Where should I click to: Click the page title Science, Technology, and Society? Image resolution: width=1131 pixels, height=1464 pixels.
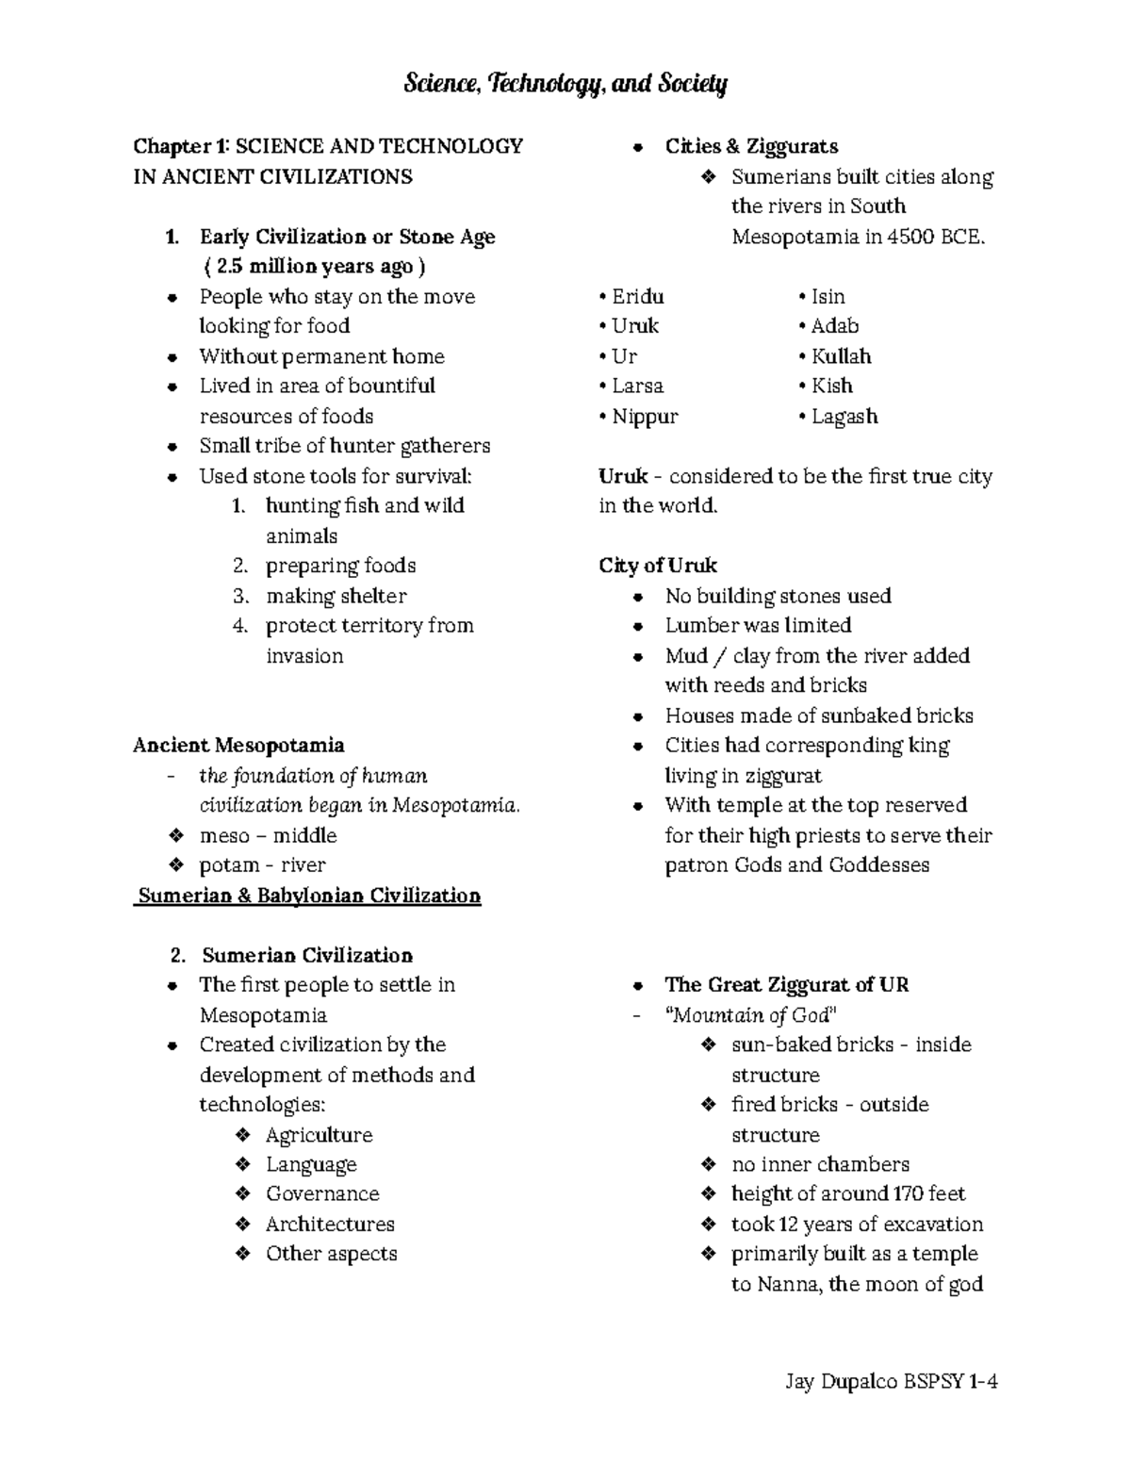tap(565, 85)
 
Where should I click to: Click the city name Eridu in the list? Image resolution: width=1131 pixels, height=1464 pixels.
tap(637, 297)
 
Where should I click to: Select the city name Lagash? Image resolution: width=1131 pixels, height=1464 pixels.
tap(844, 417)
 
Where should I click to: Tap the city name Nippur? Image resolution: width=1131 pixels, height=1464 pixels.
tap(644, 417)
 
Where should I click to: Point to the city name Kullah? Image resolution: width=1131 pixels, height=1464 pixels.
tap(841, 356)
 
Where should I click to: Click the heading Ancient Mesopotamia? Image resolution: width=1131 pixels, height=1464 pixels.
tap(238, 746)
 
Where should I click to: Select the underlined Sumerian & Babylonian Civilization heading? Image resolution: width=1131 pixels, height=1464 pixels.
tap(309, 896)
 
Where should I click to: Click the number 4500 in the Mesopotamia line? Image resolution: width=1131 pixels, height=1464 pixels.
tap(911, 237)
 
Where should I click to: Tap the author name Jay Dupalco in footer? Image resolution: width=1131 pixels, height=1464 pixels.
tap(842, 1382)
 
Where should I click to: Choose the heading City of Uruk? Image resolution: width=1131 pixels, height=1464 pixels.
tap(658, 566)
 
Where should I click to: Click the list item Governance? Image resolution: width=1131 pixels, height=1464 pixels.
tap(322, 1194)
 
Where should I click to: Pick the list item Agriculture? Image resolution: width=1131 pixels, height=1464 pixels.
tap(319, 1135)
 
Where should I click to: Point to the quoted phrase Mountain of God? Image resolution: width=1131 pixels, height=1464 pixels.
tap(751, 1015)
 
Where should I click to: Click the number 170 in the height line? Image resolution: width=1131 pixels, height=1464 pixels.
tap(908, 1194)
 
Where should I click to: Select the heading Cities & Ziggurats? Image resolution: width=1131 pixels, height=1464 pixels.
tap(751, 146)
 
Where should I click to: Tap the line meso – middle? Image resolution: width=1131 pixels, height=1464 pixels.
tap(268, 835)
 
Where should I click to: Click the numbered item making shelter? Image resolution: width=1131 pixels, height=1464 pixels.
tap(336, 596)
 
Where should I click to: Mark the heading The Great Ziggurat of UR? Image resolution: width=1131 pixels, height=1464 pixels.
tap(786, 985)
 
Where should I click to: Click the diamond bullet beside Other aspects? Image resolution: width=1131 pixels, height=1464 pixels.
tap(243, 1254)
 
